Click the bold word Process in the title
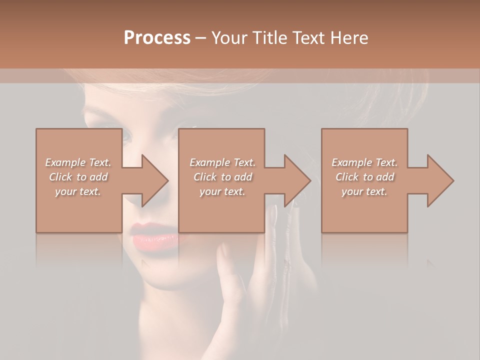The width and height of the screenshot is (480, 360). point(157,37)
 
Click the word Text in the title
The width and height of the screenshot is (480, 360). point(308,37)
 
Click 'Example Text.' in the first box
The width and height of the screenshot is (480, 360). point(78,162)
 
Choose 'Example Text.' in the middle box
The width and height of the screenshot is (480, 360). point(222,162)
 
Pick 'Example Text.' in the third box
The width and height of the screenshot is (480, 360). point(364,162)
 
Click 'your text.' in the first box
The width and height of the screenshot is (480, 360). point(78,191)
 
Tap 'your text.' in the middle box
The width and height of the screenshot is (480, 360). point(222,191)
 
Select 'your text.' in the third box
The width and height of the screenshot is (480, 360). point(364,191)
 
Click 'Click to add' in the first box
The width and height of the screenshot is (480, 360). point(78,177)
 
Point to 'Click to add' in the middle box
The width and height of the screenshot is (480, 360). point(222,177)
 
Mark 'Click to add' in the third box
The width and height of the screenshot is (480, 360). point(364,177)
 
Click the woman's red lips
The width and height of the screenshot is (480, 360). point(154,235)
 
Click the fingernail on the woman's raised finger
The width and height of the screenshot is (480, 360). point(273,215)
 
